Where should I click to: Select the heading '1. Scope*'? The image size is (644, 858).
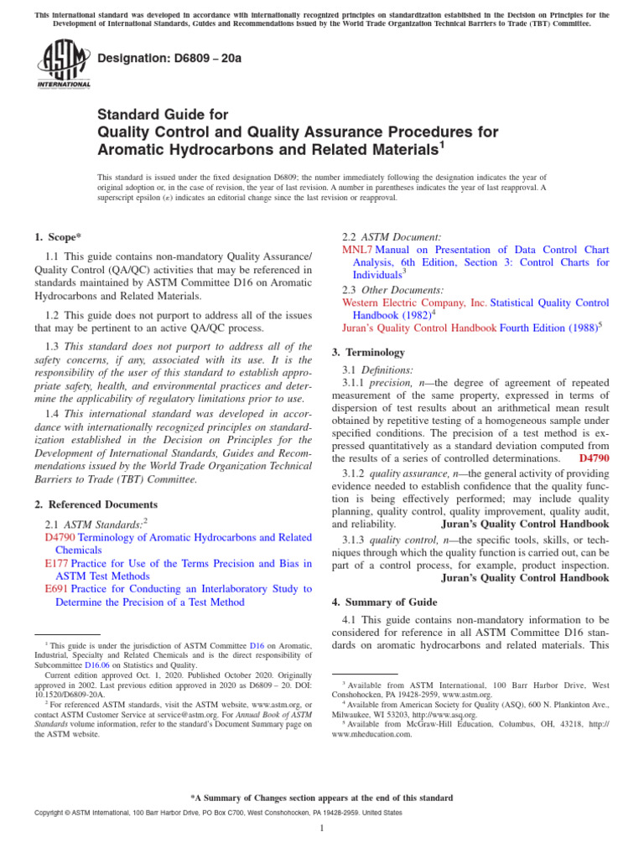tap(58, 238)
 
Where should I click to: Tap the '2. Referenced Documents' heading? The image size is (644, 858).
tap(96, 504)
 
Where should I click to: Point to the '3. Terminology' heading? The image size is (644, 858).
tap(368, 352)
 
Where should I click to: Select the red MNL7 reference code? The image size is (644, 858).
tap(358, 250)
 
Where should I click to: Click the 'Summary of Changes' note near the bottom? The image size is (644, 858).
tap(322, 797)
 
